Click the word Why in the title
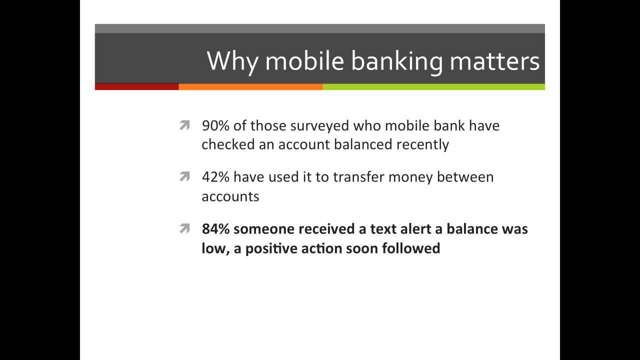pos(232,61)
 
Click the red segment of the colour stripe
pos(136,86)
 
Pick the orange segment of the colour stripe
pos(250,86)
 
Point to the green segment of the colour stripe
pos(433,86)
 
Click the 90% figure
pos(215,125)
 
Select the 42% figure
pos(215,177)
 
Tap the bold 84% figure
pos(215,229)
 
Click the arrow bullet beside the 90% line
pos(184,126)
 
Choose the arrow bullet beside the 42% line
pos(184,177)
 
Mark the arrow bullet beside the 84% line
pos(184,229)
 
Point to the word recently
pos(422,144)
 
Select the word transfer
pos(356,177)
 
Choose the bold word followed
pos(411,248)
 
